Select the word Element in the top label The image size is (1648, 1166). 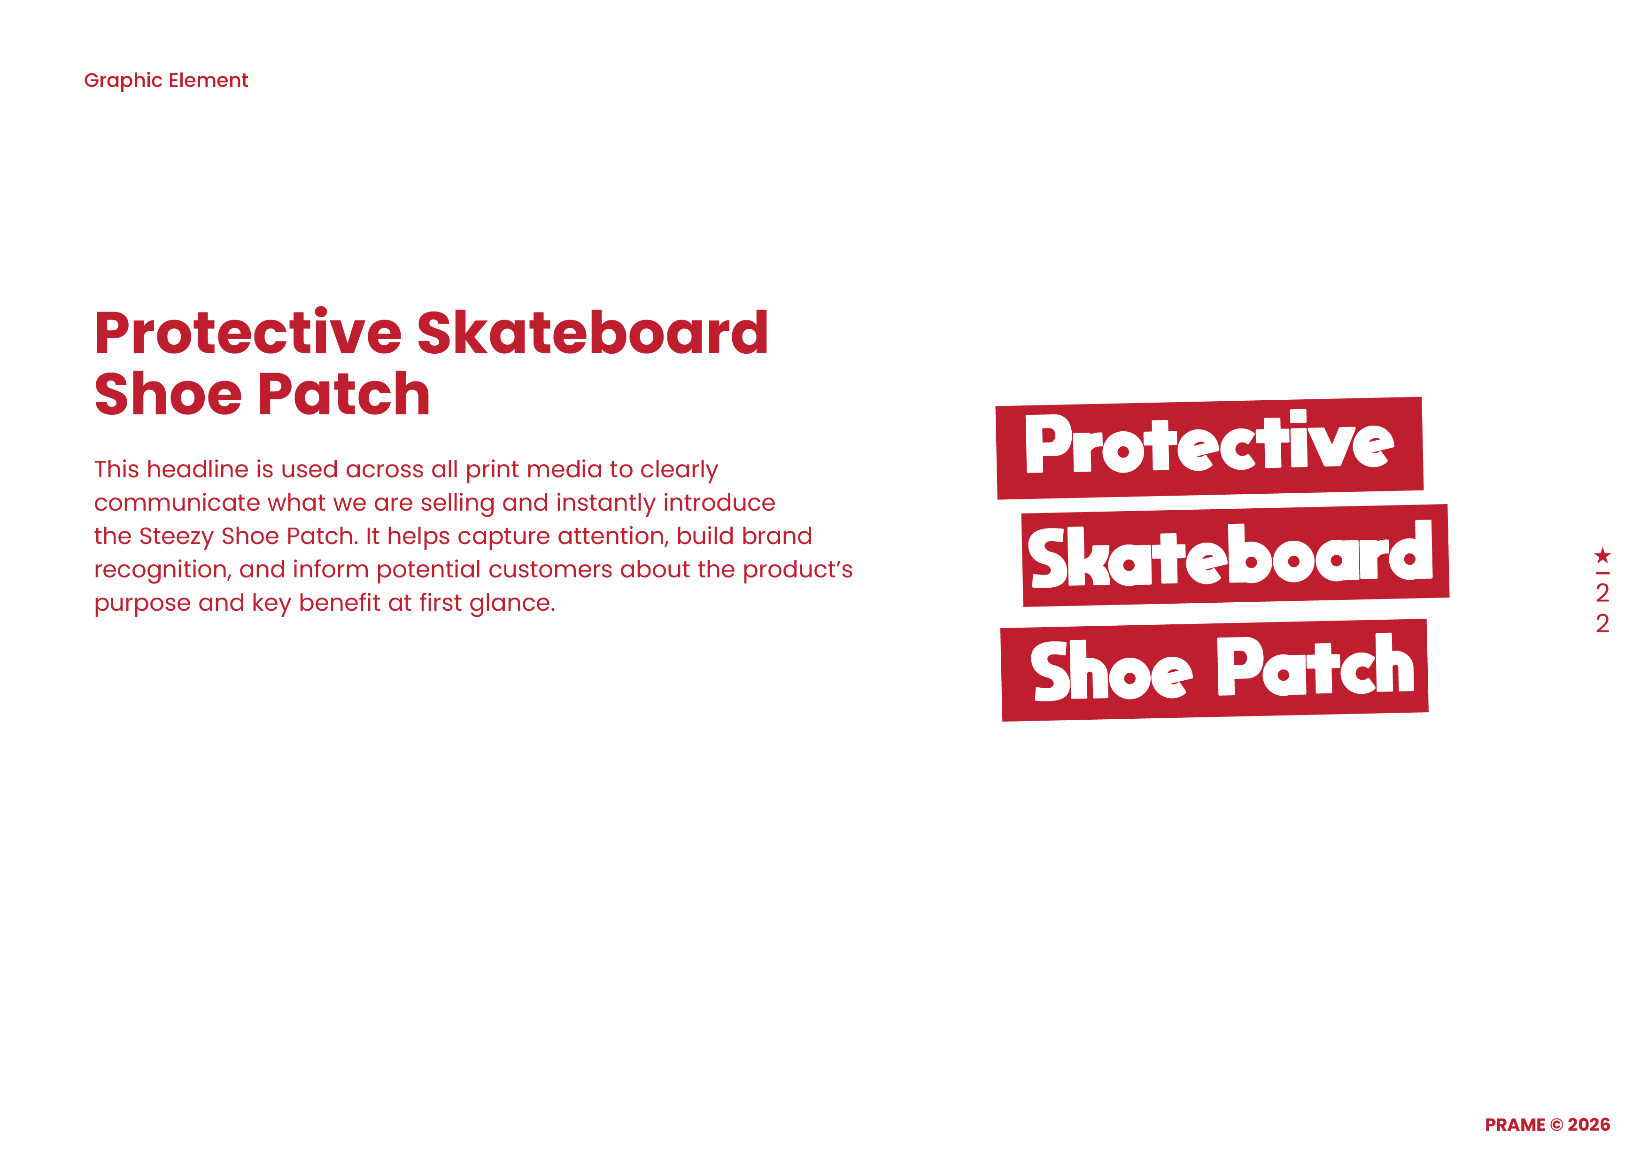208,80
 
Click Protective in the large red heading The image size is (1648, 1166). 248,333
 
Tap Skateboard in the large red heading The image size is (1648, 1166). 592,333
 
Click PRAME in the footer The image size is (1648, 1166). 1515,1125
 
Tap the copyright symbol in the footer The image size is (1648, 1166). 1556,1125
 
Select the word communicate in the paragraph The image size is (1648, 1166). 177,503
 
